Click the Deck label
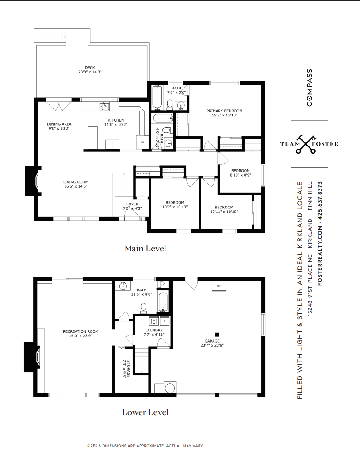90,68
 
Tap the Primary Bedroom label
225,111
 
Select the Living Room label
76,182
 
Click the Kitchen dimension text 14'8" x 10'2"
116,125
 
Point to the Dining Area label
59,124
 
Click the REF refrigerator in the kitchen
142,142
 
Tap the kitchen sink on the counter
104,106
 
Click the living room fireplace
32,181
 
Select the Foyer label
133,204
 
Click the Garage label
212,341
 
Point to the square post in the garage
217,335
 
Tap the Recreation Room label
80,331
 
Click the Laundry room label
154,330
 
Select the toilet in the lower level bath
143,308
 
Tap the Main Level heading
145,248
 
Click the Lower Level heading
145,412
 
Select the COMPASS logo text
310,88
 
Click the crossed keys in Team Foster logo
305,144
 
